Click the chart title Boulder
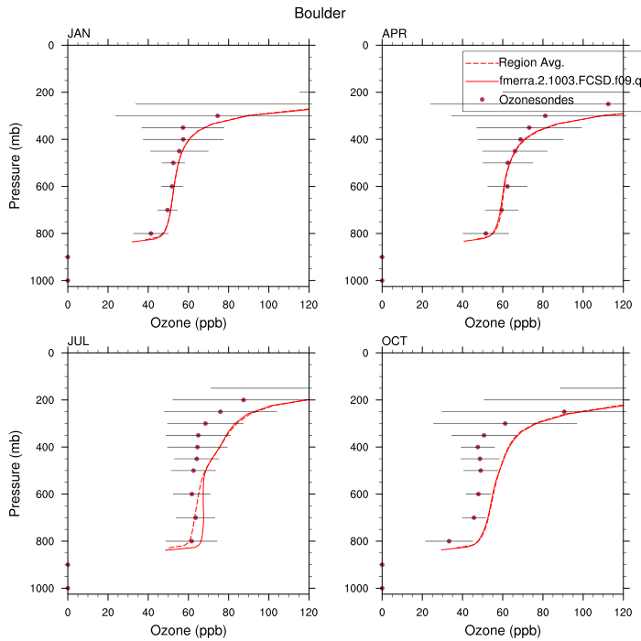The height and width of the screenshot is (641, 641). pyautogui.click(x=320, y=13)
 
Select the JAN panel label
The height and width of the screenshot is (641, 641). pyautogui.click(x=79, y=35)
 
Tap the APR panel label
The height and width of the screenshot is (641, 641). pyautogui.click(x=395, y=35)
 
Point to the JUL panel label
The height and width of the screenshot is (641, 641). pyautogui.click(x=78, y=342)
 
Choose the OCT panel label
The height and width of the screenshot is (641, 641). pyautogui.click(x=395, y=342)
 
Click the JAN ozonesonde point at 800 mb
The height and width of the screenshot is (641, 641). pyautogui.click(x=151, y=234)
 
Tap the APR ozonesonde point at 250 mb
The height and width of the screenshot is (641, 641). pyautogui.click(x=608, y=104)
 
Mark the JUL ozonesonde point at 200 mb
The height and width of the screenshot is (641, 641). pyautogui.click(x=243, y=399)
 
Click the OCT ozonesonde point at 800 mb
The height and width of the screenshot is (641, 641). pyautogui.click(x=449, y=541)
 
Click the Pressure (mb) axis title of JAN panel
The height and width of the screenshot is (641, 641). pyautogui.click(x=16, y=162)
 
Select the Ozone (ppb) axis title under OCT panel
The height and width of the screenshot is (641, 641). pyautogui.click(x=502, y=630)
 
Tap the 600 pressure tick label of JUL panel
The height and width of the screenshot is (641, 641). pyautogui.click(x=46, y=494)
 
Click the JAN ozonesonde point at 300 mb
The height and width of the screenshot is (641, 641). pyautogui.click(x=217, y=116)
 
